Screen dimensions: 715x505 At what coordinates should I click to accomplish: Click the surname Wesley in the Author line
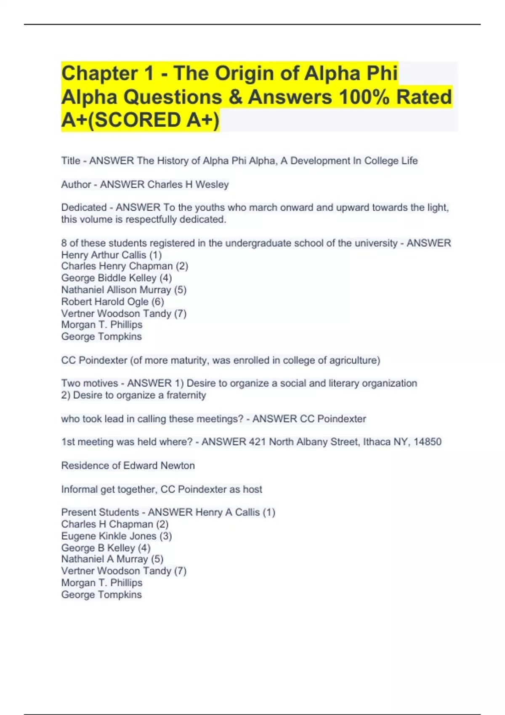[x=212, y=185]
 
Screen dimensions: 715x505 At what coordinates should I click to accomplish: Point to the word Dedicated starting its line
[x=84, y=207]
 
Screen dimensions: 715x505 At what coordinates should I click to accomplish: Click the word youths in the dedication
[x=210, y=207]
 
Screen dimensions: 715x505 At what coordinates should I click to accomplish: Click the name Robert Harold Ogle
[x=105, y=302]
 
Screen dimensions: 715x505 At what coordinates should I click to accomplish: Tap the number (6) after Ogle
[x=158, y=302]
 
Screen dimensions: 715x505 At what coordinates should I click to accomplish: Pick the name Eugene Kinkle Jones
[x=109, y=536]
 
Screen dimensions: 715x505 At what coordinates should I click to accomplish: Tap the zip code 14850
[x=428, y=442]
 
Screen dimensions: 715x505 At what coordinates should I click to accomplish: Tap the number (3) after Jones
[x=165, y=536]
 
